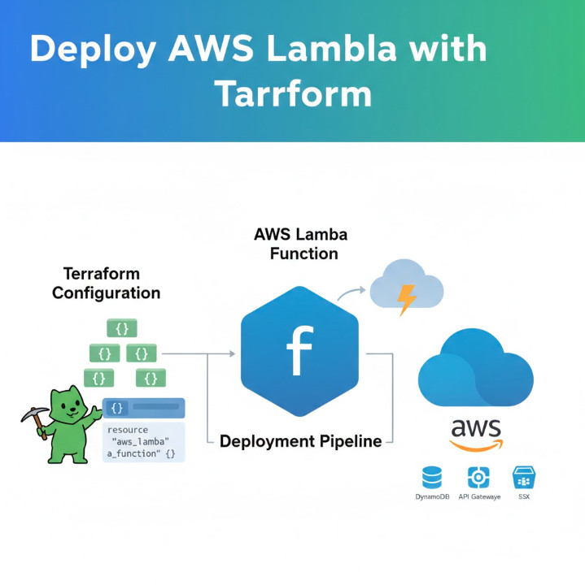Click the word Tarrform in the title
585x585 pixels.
pos(293,94)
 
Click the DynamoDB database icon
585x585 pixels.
pos(431,478)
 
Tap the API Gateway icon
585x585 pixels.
pos(478,478)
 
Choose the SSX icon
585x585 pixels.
pos(523,478)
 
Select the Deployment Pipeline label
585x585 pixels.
pos(300,442)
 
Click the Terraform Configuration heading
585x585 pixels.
pos(106,283)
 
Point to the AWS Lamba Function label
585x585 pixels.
pos(300,244)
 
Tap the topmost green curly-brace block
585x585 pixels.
pos(122,328)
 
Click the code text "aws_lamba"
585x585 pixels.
pos(141,441)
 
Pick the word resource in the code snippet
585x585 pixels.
pos(128,429)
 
